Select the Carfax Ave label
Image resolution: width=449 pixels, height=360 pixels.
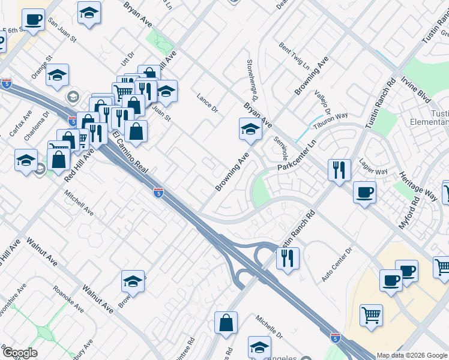click(x=19, y=124)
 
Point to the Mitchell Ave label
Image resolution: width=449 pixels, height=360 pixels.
click(x=79, y=204)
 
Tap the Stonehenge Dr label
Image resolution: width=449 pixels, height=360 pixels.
click(x=252, y=80)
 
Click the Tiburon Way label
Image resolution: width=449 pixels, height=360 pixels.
click(x=333, y=117)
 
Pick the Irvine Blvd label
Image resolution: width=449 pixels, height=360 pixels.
click(x=417, y=89)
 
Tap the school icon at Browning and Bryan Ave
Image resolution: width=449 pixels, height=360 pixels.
click(x=250, y=128)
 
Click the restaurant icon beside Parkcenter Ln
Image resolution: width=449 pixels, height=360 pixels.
click(x=339, y=169)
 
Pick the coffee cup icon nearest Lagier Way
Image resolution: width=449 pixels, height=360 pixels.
click(x=364, y=192)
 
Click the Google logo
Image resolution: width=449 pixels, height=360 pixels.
click(x=19, y=353)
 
